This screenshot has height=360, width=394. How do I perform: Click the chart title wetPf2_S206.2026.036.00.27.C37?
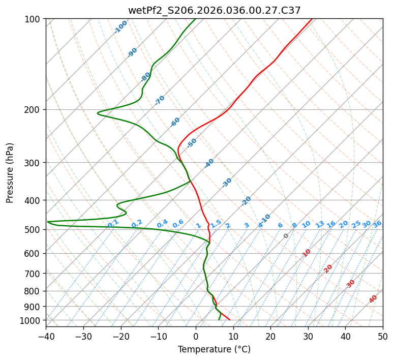coord(214,10)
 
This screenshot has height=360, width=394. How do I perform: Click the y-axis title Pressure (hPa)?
coord(10,172)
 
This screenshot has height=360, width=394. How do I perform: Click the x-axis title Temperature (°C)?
coord(214,350)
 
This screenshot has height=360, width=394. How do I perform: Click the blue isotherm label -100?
coord(120,27)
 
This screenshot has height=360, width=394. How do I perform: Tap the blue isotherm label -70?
coord(160,100)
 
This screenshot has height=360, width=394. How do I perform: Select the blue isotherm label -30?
coord(227,183)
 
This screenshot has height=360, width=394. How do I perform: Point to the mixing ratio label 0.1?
coord(113,224)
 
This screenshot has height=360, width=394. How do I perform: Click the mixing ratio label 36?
coord(377,224)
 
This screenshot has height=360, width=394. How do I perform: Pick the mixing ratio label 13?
coord(320,224)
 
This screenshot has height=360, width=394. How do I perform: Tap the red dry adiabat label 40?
coord(373,299)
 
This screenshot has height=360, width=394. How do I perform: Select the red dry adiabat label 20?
coord(328,268)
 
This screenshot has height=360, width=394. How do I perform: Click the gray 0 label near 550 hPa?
coord(286,236)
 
